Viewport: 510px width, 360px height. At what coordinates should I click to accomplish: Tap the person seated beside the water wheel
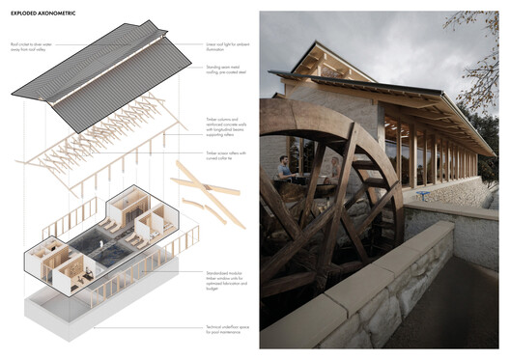(286, 170)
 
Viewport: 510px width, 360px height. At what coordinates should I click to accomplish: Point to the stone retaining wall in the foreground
(406, 290)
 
